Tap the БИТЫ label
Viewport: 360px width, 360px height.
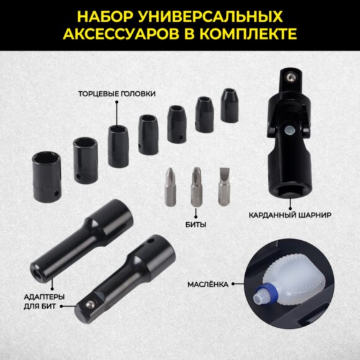click(x=196, y=224)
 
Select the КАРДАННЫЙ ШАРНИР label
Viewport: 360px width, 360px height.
click(x=290, y=215)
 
